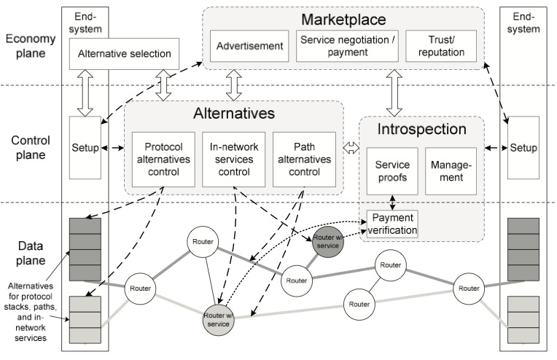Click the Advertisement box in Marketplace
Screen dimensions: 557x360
[249, 46]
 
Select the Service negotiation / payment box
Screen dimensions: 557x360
[347, 46]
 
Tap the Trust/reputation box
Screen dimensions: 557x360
[441, 46]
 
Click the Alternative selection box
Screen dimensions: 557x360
[124, 54]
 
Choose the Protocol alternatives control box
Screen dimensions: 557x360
[163, 160]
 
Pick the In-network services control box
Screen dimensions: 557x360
[234, 160]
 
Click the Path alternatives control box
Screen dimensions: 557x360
[304, 160]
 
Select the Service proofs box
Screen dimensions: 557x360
[392, 171]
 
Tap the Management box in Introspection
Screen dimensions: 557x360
[451, 171]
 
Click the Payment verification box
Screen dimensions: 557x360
[392, 224]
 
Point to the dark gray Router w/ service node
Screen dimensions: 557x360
[328, 242]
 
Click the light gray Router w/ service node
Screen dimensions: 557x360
[218, 320]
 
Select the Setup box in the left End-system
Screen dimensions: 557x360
[85, 148]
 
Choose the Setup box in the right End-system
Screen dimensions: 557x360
[523, 148]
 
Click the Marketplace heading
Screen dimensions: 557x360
[343, 20]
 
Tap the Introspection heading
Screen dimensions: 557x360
[421, 129]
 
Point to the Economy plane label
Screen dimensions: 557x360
[31, 46]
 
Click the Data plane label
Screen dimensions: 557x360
[31, 253]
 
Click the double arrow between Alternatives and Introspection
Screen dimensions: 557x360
[351, 148]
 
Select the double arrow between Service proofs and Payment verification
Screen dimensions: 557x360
[392, 203]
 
